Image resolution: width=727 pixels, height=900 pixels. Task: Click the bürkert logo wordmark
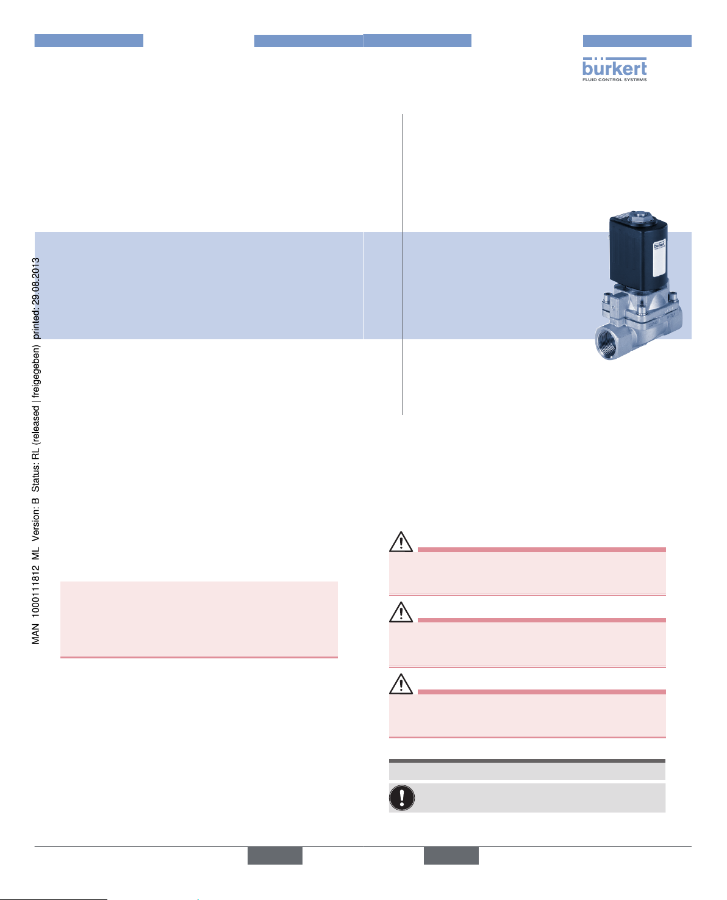point(614,68)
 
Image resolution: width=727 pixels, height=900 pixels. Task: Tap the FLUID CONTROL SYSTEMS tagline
point(614,79)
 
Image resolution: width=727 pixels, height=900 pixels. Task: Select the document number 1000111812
point(36,589)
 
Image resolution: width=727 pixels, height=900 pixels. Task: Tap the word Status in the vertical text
point(36,478)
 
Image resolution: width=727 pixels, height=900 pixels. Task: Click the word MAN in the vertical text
point(36,634)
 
